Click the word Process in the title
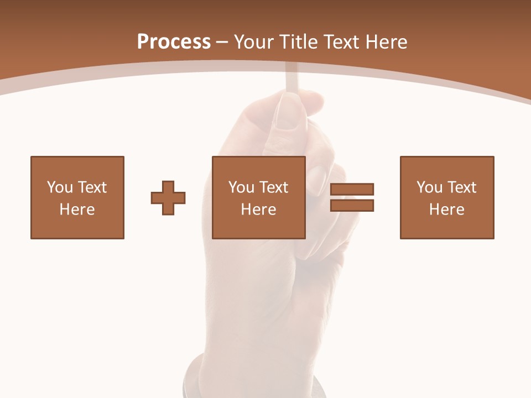tap(174, 42)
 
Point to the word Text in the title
tap(342, 42)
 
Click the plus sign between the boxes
tap(168, 198)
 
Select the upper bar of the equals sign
tap(352, 189)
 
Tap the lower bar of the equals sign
tap(352, 205)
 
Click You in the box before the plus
tap(60, 187)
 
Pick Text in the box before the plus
tap(92, 187)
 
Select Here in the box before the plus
tap(77, 210)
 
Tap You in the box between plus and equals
tap(241, 187)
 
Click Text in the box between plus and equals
tap(273, 187)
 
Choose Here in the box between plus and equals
tap(258, 210)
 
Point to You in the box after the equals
tap(429, 187)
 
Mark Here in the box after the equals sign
tap(446, 210)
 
